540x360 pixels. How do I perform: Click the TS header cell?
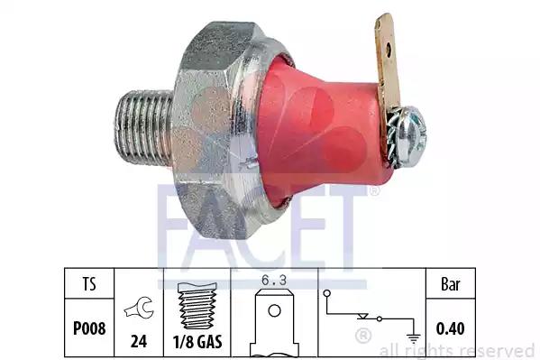point(89,284)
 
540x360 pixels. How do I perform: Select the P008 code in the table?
point(89,328)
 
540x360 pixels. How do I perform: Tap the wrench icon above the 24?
point(139,308)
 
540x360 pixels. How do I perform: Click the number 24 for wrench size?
point(139,341)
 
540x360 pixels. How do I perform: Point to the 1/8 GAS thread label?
point(197,341)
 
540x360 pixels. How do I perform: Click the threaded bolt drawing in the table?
point(197,306)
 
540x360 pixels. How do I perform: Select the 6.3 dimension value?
point(274,281)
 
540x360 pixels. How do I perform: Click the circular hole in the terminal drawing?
point(274,310)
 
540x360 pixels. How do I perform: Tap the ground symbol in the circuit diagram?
point(413,338)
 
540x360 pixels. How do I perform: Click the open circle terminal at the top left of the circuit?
point(327,293)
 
